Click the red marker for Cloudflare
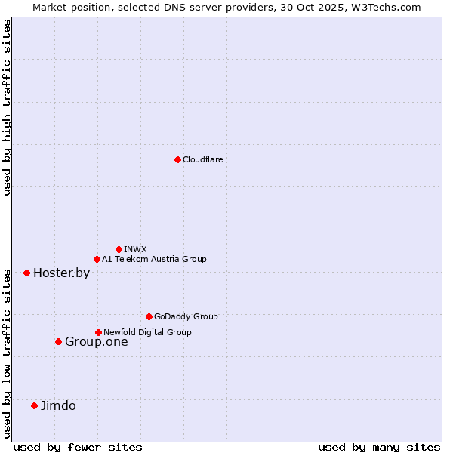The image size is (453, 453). pos(177,159)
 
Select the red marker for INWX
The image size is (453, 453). pos(119,249)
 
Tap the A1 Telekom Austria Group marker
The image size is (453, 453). pos(97,260)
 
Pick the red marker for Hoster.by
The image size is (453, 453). pos(26,273)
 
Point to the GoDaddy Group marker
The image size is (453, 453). pos(149,316)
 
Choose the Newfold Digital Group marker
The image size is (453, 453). pos(98,332)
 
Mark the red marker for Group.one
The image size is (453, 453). pos(58,341)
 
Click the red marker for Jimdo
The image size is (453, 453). pos(34,405)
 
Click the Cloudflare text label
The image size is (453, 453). pos(202,159)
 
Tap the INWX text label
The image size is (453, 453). pos(135,249)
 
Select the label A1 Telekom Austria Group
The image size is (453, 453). pos(154,260)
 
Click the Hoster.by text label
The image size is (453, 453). pos(61,273)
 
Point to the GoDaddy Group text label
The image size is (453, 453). pos(186,316)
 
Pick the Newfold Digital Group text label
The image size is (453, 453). pos(147,332)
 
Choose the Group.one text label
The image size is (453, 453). pos(96,341)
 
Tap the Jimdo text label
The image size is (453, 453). pos(58,405)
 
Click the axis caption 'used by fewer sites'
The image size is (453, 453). pos(78,447)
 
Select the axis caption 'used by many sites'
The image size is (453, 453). pos(379,447)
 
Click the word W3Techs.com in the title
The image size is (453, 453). pos(389,7)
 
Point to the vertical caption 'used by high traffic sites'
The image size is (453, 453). pos(7,107)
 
